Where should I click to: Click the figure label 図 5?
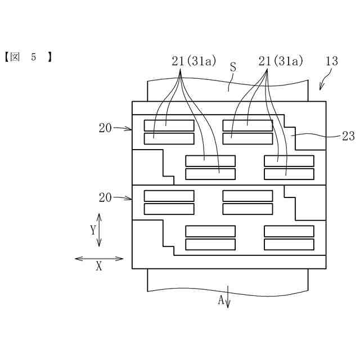(x=28, y=57)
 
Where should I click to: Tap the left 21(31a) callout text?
(x=195, y=61)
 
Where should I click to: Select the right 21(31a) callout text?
(x=281, y=61)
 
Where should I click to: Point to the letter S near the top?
(x=233, y=67)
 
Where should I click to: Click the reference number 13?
(x=331, y=61)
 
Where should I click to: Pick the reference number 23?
(x=348, y=135)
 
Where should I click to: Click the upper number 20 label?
(x=105, y=128)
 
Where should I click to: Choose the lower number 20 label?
(x=105, y=197)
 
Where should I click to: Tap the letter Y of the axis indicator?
(x=93, y=229)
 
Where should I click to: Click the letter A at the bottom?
(x=221, y=300)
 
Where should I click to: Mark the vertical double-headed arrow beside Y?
(x=100, y=229)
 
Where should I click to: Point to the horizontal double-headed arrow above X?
(x=99, y=259)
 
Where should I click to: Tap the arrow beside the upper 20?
(x=122, y=128)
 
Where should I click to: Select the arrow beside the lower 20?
(x=122, y=197)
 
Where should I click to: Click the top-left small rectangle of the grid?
(x=169, y=125)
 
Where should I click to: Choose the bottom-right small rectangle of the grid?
(x=289, y=244)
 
